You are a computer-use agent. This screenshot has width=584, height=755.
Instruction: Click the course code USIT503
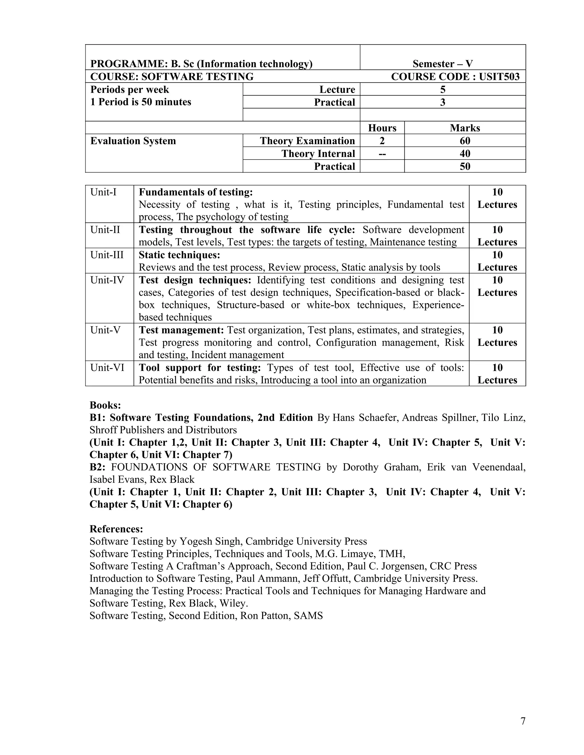point(499,76)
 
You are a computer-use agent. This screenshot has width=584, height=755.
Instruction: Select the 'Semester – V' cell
point(443,64)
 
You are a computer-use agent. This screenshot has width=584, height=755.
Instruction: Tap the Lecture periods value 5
point(443,89)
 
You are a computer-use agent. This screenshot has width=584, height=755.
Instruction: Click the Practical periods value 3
point(443,102)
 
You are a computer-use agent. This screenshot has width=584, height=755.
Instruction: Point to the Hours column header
point(382,128)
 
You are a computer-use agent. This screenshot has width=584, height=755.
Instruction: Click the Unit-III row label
point(107,255)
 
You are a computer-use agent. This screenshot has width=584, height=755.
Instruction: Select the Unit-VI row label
point(107,368)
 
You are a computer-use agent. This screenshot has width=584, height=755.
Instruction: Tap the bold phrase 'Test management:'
point(181,330)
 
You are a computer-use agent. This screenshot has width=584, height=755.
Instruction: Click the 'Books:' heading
point(105,405)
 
